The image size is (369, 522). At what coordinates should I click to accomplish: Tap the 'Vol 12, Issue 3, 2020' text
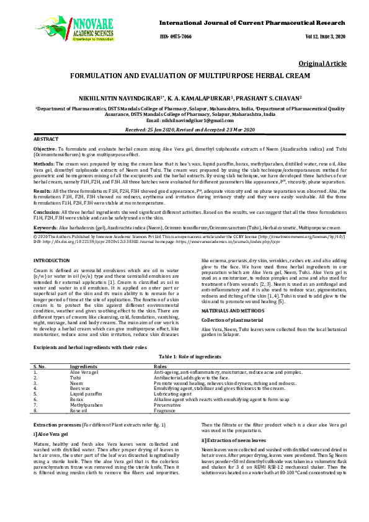(x=322, y=37)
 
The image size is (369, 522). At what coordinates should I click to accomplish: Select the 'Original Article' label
(x=322, y=64)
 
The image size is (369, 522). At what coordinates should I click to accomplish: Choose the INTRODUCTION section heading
(x=51, y=260)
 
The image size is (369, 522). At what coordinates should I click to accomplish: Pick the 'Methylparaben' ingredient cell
(x=86, y=405)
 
